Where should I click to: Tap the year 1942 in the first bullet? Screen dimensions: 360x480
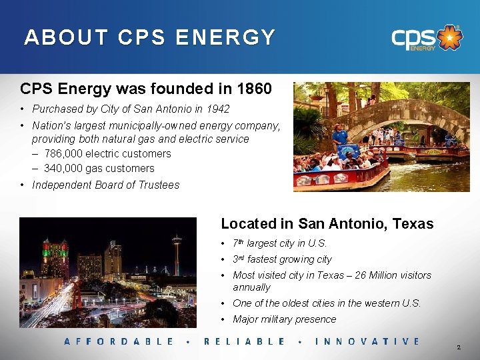point(216,109)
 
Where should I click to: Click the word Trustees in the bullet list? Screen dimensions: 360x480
point(159,185)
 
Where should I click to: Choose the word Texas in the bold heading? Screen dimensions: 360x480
point(413,224)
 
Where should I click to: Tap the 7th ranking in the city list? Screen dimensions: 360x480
point(239,243)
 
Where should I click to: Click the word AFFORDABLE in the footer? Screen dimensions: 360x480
point(119,341)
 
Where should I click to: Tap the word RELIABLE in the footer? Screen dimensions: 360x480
point(244,341)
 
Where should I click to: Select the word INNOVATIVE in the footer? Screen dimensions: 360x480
point(367,341)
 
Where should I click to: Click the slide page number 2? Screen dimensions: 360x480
point(459,348)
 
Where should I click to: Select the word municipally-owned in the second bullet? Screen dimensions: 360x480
point(170,126)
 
